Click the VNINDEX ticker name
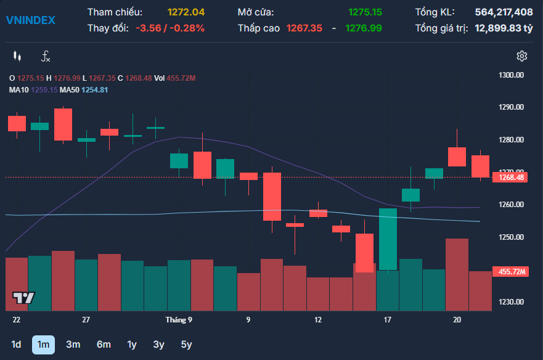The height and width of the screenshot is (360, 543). tap(30, 20)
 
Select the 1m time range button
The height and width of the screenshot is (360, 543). tap(43, 345)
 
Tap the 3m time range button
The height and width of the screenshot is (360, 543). tap(73, 345)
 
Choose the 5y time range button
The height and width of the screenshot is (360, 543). tap(186, 345)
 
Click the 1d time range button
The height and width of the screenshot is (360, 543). tap(16, 345)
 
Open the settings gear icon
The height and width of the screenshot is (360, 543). tap(522, 56)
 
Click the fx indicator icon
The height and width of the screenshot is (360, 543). tap(46, 56)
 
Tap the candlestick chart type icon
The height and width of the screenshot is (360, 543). tap(17, 56)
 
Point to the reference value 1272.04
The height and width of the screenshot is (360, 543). tap(186, 12)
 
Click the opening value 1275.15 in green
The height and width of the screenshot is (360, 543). tap(365, 12)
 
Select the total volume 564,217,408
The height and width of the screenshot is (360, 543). tap(504, 12)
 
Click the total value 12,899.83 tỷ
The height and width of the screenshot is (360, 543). tap(504, 28)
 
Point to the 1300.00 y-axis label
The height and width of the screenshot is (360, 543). tap(511, 75)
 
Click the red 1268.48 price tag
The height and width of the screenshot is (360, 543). tap(510, 178)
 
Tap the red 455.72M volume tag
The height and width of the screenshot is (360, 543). tap(510, 272)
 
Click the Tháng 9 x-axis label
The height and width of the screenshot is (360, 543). tap(179, 320)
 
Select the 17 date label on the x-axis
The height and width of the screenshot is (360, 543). tap(387, 320)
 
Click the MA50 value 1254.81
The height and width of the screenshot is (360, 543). tap(94, 90)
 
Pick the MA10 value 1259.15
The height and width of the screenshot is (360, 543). tap(44, 90)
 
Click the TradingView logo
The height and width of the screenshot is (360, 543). tap(23, 298)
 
